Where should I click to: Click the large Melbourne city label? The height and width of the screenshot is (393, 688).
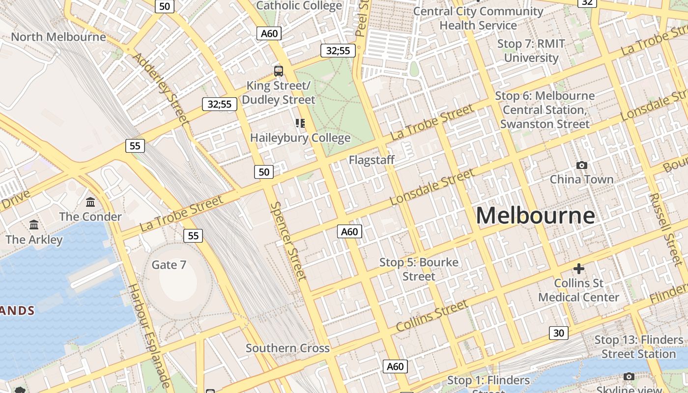[x=535, y=216]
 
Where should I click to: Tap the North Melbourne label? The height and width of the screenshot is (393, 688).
[x=58, y=37]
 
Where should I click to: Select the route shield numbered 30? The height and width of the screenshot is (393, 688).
[x=558, y=333]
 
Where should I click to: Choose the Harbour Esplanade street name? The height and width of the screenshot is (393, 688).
[x=149, y=336]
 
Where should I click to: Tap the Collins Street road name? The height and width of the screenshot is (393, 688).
[x=432, y=315]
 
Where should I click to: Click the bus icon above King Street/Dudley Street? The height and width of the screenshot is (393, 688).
[x=279, y=71]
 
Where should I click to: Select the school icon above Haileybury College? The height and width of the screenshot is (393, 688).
[x=300, y=123]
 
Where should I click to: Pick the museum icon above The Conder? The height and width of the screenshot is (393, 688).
[x=90, y=202]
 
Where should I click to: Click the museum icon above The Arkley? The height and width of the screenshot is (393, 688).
[x=34, y=225]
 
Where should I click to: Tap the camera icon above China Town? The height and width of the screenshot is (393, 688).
[x=581, y=165]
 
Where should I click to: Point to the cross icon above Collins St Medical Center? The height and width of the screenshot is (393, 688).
[x=579, y=269]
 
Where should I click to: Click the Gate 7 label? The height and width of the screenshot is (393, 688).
[x=169, y=265]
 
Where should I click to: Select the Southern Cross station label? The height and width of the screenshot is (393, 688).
[x=287, y=348]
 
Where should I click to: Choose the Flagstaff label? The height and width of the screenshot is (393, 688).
[x=372, y=160]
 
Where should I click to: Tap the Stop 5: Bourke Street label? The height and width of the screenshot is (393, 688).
[x=419, y=269]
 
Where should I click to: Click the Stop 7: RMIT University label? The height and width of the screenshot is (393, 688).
[x=531, y=51]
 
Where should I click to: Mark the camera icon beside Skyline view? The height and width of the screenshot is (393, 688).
[x=629, y=376]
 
